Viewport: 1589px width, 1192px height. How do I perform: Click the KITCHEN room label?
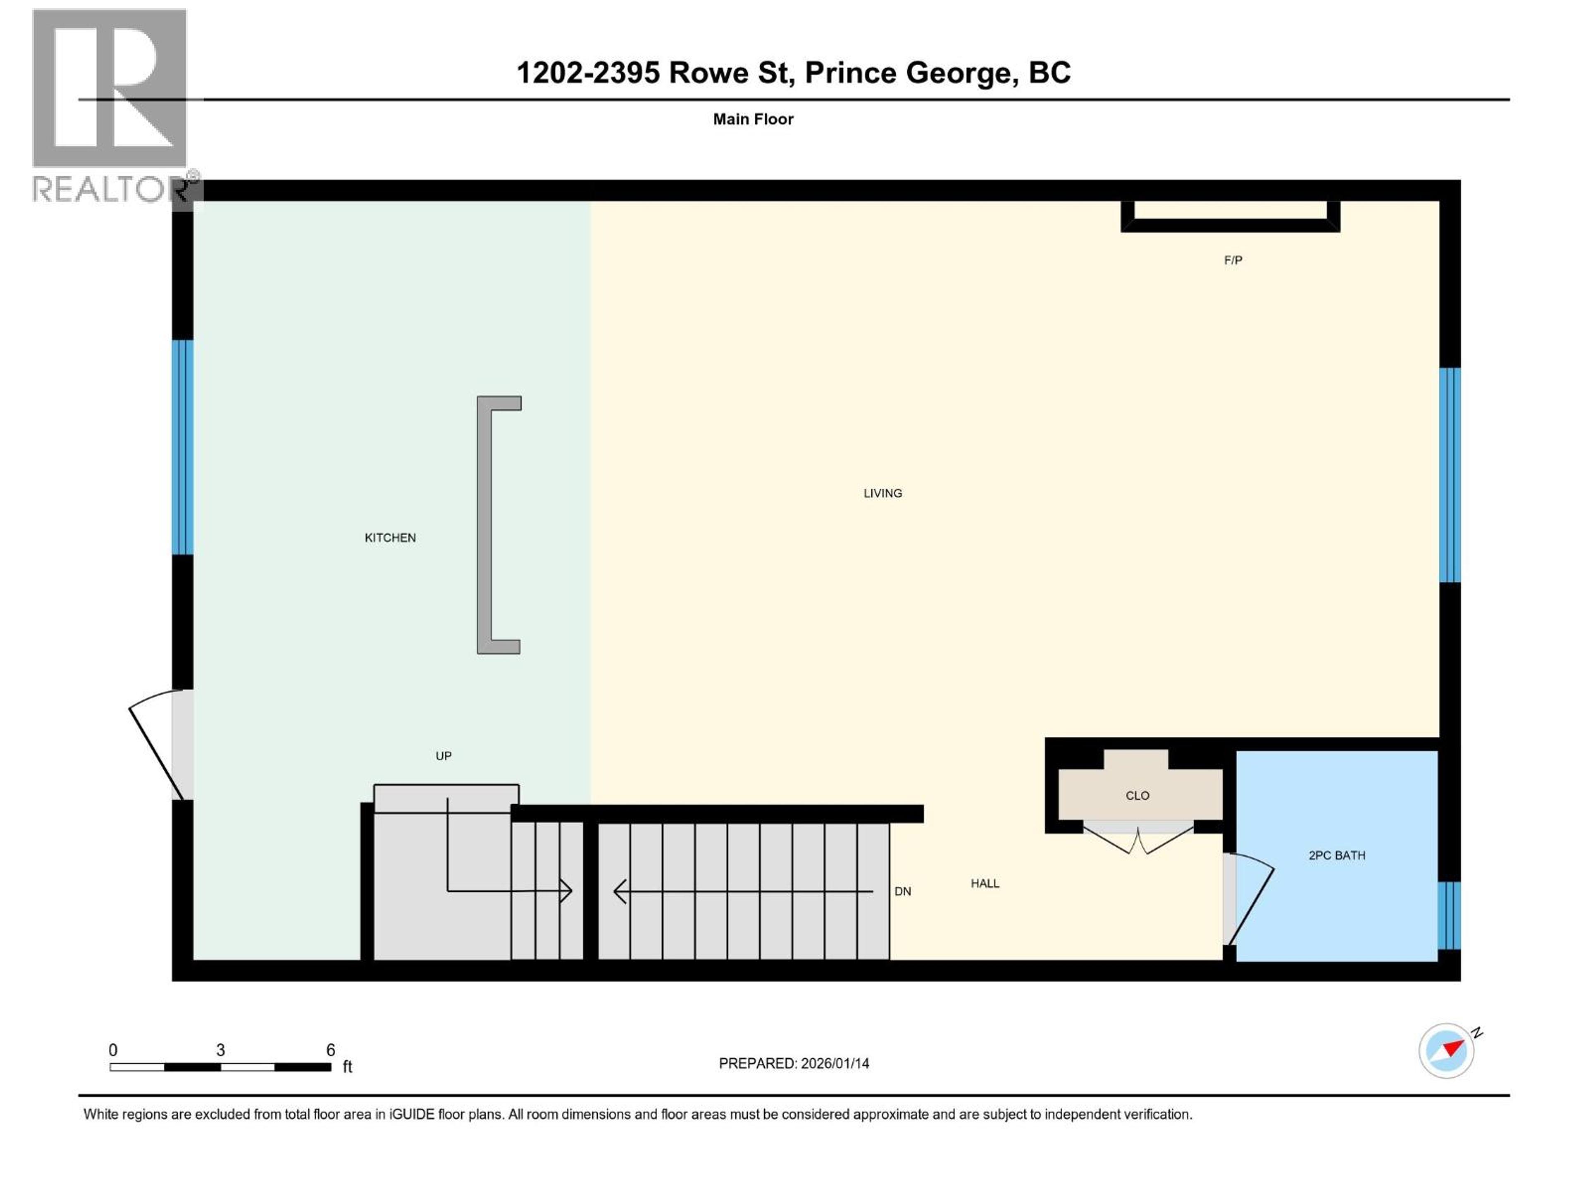pyautogui.click(x=390, y=538)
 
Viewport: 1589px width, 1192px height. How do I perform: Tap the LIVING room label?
pyautogui.click(x=882, y=493)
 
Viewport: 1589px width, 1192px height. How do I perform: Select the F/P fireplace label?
pyautogui.click(x=1233, y=260)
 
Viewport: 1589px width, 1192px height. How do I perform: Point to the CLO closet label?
pyautogui.click(x=1137, y=795)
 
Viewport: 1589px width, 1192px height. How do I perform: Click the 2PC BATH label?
pyautogui.click(x=1336, y=855)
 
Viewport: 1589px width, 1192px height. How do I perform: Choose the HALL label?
pyautogui.click(x=985, y=883)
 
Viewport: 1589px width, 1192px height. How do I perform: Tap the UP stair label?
pyautogui.click(x=443, y=756)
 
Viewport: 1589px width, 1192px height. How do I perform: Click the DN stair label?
pyautogui.click(x=902, y=891)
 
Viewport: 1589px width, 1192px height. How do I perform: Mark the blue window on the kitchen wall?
pyautogui.click(x=182, y=447)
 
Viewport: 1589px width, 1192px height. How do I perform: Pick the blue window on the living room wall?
pyautogui.click(x=1450, y=474)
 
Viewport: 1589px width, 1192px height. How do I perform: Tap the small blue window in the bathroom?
pyautogui.click(x=1449, y=915)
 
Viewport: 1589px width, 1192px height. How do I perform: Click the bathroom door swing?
pyautogui.click(x=1250, y=898)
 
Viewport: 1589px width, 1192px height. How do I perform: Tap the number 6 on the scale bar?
pyautogui.click(x=331, y=1050)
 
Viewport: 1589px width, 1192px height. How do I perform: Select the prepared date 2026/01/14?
pyautogui.click(x=835, y=1063)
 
